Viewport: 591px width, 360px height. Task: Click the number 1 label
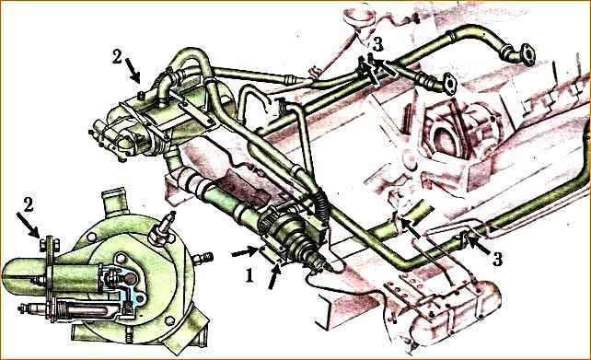point(249,276)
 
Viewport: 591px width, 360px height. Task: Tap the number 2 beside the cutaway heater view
point(28,204)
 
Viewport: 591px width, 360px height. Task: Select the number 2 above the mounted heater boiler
point(117,58)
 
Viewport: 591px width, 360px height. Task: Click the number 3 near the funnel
point(377,45)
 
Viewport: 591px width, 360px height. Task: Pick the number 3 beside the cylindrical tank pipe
point(497,259)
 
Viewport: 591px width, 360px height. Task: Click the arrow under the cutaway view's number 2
point(28,226)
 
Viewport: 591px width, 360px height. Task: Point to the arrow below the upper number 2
point(132,71)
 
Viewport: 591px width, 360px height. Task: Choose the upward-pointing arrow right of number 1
point(274,276)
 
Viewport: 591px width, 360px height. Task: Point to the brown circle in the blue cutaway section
point(130,279)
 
